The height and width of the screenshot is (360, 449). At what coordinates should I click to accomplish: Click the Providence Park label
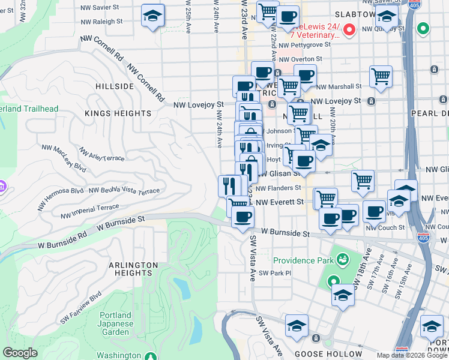click(x=303, y=260)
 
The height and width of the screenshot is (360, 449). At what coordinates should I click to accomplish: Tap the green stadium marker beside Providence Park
click(x=343, y=260)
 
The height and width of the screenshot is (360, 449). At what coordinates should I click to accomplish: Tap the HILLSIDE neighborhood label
click(x=114, y=86)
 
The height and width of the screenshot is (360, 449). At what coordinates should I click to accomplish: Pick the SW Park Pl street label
click(x=276, y=273)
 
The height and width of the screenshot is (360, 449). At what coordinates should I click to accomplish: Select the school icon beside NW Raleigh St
click(x=152, y=16)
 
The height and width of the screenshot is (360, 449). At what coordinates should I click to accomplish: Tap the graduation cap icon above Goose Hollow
click(x=297, y=326)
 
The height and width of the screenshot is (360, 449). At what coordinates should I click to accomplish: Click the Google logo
click(x=20, y=353)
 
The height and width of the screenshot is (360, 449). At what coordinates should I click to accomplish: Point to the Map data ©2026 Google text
click(x=411, y=355)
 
